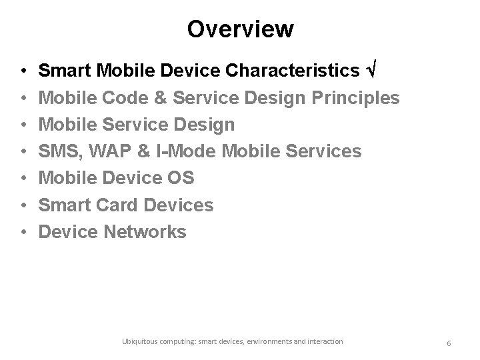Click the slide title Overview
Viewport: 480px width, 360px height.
coord(240,29)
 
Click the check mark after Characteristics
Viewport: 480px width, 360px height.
coord(374,71)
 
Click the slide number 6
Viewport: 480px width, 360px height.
coord(449,343)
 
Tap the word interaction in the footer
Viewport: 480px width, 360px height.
coord(323,341)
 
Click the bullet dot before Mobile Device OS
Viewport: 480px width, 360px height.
coord(23,179)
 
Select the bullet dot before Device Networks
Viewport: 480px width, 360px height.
coord(23,232)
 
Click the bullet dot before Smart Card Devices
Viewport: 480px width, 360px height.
coord(23,205)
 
